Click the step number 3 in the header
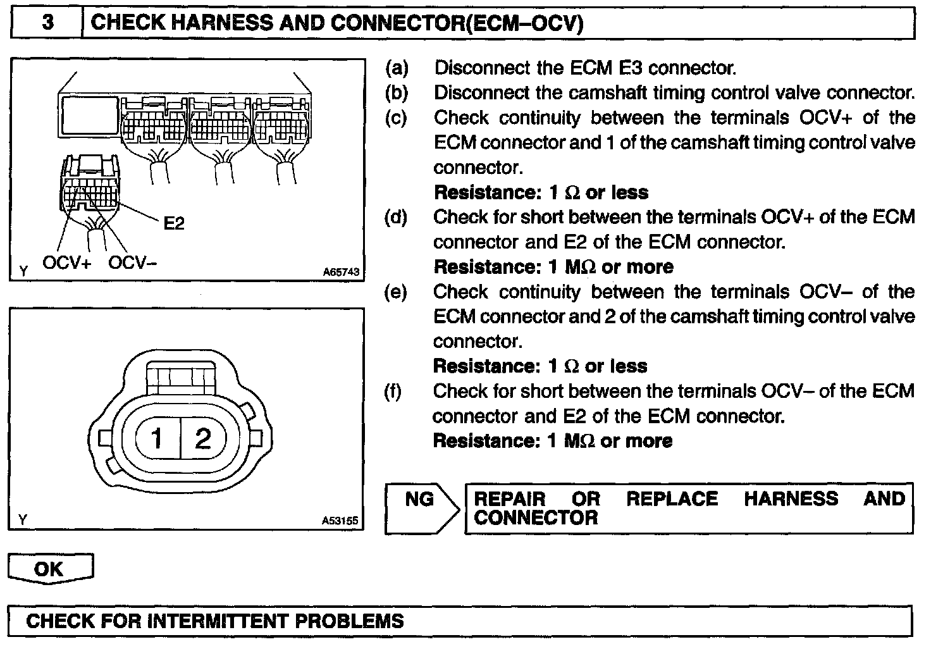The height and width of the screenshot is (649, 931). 47,23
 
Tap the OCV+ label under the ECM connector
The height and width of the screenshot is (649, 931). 67,263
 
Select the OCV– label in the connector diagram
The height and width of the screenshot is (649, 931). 132,263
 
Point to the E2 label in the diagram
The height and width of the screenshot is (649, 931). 173,223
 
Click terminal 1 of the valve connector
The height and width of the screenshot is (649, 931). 157,438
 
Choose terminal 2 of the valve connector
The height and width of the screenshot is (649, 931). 202,438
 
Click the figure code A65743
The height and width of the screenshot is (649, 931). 341,272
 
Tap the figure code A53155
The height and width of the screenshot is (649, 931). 340,521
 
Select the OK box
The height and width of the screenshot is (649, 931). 50,569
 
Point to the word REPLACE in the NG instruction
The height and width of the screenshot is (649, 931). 672,498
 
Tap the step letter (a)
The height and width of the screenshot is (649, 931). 397,68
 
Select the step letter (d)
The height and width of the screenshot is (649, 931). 397,217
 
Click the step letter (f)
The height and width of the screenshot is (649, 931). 393,391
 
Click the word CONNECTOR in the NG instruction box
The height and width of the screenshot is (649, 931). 536,518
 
